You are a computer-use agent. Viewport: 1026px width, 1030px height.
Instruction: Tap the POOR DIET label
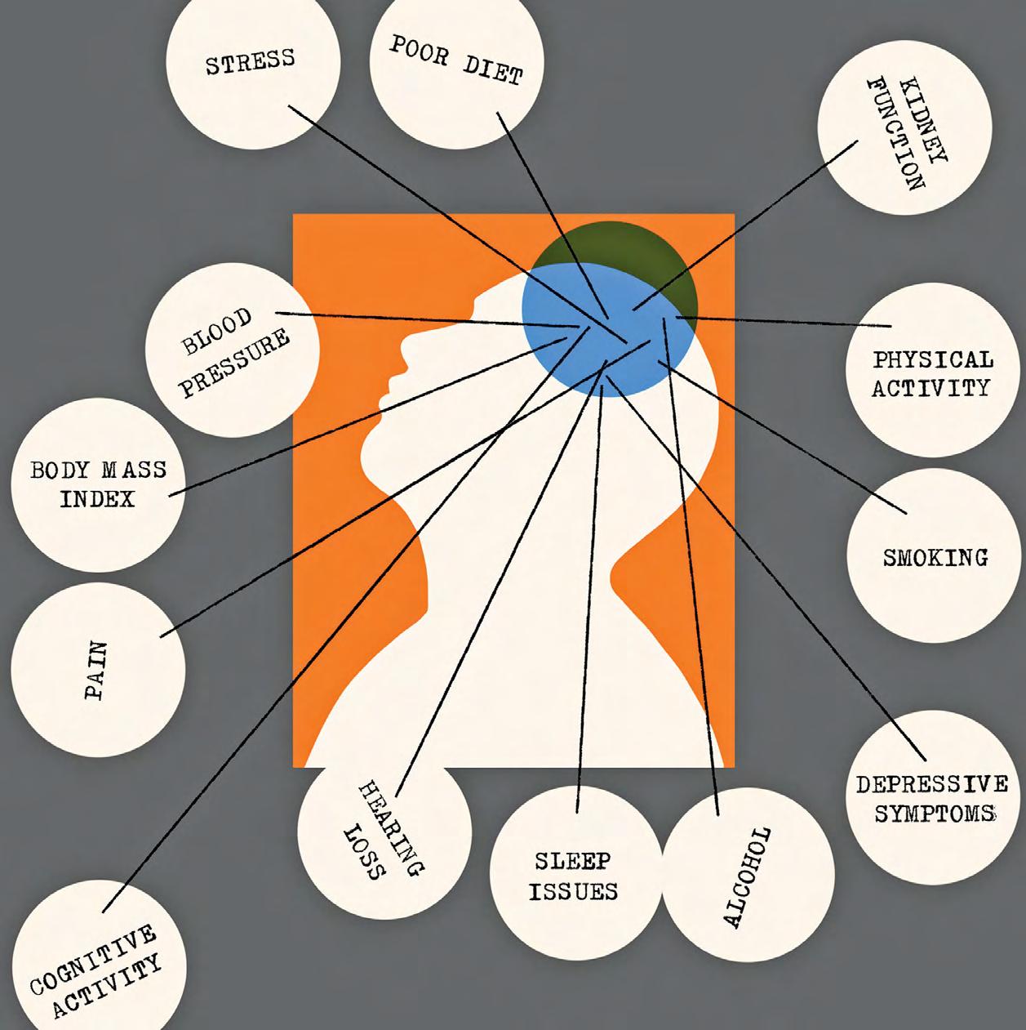click(x=455, y=60)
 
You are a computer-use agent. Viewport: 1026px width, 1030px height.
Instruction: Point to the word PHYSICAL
click(x=932, y=360)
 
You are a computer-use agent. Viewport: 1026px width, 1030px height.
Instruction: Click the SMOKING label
click(x=935, y=559)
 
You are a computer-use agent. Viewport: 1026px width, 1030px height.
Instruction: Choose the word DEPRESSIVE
click(x=931, y=786)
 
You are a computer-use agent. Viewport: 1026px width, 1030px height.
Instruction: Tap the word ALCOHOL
click(x=746, y=877)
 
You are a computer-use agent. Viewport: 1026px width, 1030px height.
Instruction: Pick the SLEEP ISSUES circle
click(x=575, y=876)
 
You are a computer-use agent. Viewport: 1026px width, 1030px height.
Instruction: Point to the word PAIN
click(x=96, y=671)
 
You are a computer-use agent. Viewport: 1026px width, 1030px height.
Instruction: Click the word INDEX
click(x=97, y=499)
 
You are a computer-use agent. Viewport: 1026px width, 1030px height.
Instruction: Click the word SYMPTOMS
click(x=935, y=814)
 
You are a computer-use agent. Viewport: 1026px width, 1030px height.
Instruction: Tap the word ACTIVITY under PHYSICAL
click(x=930, y=388)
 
